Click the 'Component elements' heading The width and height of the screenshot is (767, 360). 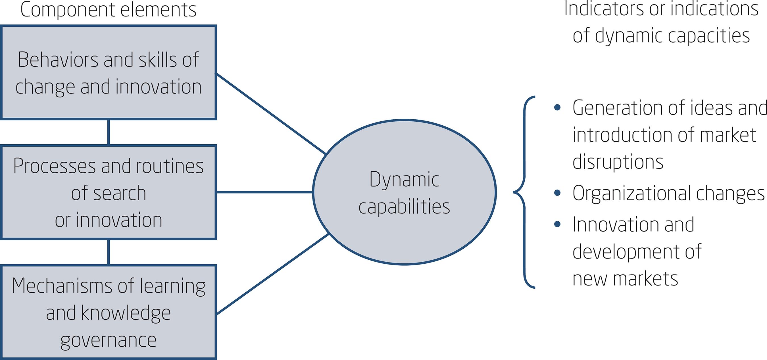(109, 10)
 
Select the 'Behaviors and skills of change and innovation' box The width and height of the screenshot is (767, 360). (109, 72)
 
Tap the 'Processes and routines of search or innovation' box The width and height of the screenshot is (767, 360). (109, 192)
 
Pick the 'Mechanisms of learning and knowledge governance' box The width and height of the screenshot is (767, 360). (109, 312)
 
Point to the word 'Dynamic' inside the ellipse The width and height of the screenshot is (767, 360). (404, 180)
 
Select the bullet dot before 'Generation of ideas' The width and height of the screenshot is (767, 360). (557, 108)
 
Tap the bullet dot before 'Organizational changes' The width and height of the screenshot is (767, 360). (557, 193)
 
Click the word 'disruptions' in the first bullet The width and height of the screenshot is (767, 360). (618, 162)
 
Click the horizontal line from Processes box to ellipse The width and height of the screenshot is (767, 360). (264, 192)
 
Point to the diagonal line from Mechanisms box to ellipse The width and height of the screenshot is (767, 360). (272, 274)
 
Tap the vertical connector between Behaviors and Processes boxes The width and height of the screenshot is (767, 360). (109, 132)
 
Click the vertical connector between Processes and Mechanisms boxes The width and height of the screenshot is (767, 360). (109, 252)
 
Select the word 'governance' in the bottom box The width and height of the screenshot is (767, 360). (109, 340)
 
